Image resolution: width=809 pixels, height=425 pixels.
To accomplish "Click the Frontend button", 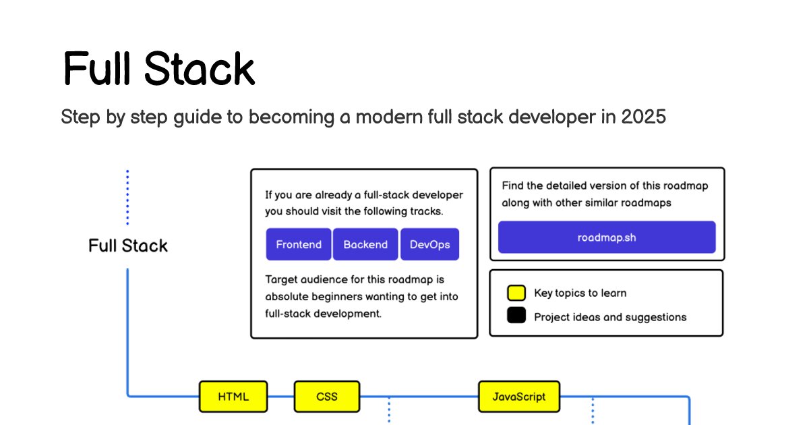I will pyautogui.click(x=299, y=244).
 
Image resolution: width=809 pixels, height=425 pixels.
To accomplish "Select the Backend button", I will pyautogui.click(x=365, y=244).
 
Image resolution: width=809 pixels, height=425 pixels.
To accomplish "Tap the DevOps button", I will pyautogui.click(x=429, y=244).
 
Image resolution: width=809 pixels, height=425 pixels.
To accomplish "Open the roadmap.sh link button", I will pyautogui.click(x=607, y=237).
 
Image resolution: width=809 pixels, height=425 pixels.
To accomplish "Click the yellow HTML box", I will pyautogui.click(x=233, y=397).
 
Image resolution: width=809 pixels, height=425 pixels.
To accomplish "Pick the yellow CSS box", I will pyautogui.click(x=327, y=397).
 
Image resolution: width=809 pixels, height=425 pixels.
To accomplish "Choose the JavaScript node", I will pyautogui.click(x=518, y=397).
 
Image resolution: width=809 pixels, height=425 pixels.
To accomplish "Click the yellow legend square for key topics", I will pyautogui.click(x=516, y=293).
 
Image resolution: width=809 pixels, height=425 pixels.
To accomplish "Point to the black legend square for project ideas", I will pyautogui.click(x=516, y=316).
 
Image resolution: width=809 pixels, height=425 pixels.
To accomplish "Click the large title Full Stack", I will pyautogui.click(x=159, y=69).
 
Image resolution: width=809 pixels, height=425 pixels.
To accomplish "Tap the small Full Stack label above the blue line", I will pyautogui.click(x=128, y=246).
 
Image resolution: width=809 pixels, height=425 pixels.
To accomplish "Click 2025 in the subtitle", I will pyautogui.click(x=643, y=117).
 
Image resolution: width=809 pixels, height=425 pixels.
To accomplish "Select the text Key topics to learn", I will pyautogui.click(x=580, y=293).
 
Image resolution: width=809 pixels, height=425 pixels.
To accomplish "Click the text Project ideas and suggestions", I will pyautogui.click(x=610, y=317).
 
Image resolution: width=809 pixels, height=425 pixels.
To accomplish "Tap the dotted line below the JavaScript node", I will pyautogui.click(x=593, y=412).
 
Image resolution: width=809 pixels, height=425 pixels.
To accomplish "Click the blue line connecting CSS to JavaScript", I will pyautogui.click(x=418, y=397).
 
